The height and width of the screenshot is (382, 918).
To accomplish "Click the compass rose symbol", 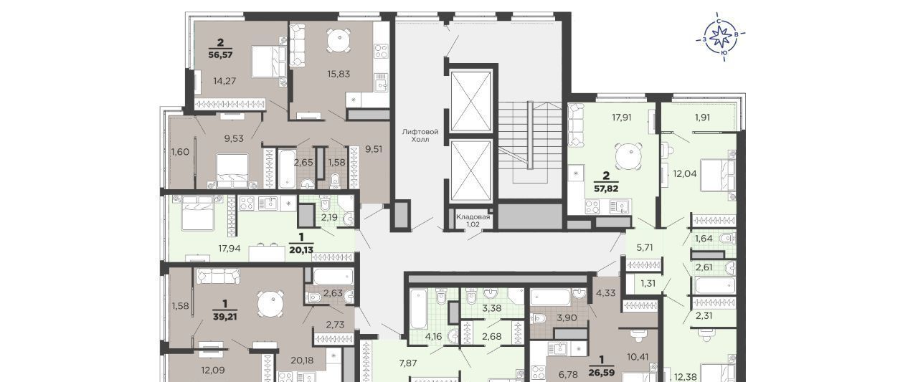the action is click(x=721, y=37).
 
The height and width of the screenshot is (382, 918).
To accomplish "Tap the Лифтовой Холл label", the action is click(x=420, y=135).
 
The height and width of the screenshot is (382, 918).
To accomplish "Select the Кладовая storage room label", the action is click(x=473, y=221).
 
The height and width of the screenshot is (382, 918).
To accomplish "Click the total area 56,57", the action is click(x=220, y=54).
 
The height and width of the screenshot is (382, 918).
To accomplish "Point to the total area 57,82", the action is click(x=606, y=188).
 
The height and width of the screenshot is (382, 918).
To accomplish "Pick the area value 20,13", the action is click(x=301, y=249).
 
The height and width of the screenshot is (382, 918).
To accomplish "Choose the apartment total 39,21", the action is click(x=225, y=317).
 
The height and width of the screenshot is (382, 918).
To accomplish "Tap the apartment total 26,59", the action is click(x=602, y=373).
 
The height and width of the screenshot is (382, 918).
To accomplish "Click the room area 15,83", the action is click(x=339, y=74).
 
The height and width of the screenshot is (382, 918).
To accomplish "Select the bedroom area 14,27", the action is click(x=224, y=81).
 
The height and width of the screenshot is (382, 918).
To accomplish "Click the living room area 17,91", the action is click(x=622, y=118).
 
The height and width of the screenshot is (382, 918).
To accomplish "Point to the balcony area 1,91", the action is click(x=702, y=118).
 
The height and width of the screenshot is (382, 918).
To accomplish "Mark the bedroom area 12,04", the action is click(x=685, y=173).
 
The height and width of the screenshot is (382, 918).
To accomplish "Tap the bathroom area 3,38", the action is click(x=491, y=308).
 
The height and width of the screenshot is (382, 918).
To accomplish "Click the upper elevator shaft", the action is click(x=470, y=101).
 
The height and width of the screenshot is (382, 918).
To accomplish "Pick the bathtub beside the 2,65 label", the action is click(x=287, y=168).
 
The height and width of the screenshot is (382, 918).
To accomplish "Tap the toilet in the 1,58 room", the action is click(x=335, y=181).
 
